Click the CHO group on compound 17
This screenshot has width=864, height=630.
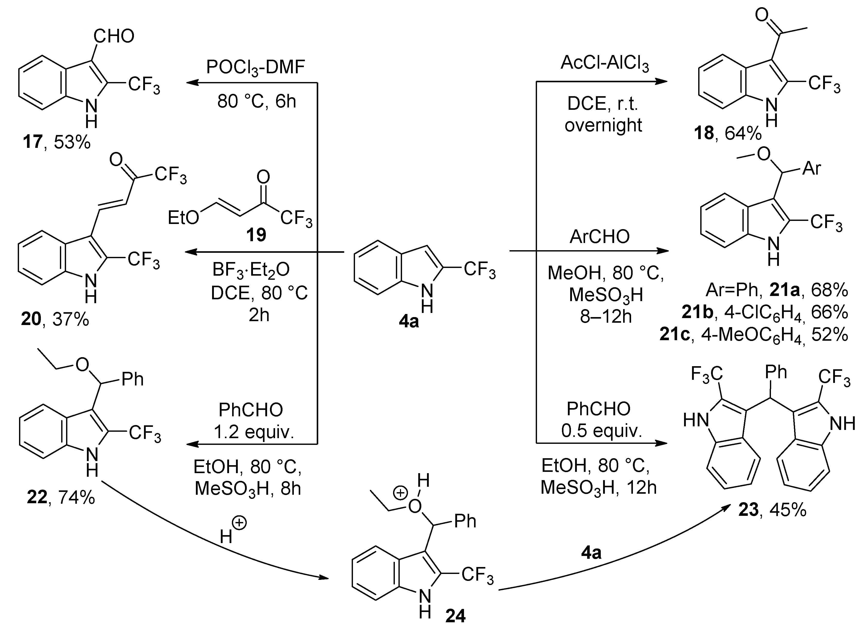(x=114, y=36)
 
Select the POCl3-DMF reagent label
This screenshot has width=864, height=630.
(x=256, y=67)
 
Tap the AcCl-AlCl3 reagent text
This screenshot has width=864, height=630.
(x=604, y=63)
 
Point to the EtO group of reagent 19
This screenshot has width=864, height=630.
(x=184, y=218)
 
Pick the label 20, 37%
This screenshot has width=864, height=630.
(x=55, y=319)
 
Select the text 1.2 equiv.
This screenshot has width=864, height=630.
(x=253, y=432)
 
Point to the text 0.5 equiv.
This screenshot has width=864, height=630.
(x=601, y=430)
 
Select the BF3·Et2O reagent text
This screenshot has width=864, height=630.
(x=251, y=270)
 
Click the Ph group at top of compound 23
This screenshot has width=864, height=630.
(x=776, y=372)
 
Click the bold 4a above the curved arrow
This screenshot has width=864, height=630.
(x=591, y=552)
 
